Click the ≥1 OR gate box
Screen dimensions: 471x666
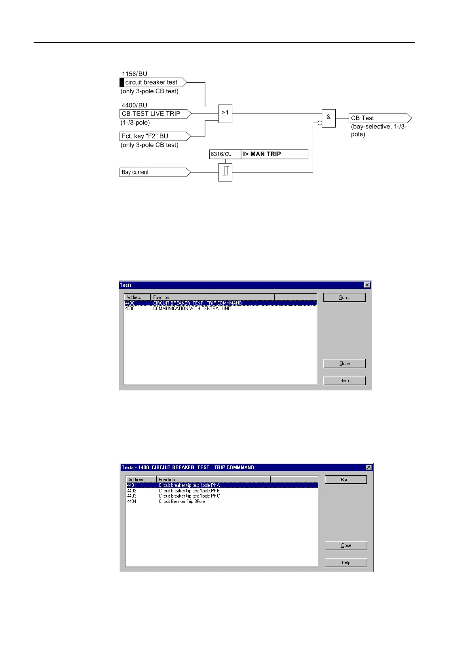225,114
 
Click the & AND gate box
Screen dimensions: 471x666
329,118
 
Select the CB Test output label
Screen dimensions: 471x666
379,118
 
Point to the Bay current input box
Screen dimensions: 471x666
154,172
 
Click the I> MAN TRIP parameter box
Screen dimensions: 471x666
274,154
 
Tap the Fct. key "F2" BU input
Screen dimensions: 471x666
154,136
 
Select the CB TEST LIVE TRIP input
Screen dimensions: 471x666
155,114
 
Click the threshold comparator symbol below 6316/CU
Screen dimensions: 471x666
225,172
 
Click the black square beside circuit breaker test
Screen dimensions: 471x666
122,82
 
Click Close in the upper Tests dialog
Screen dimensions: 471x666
344,363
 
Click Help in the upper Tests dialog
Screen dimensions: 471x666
344,380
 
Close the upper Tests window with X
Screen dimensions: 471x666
367,285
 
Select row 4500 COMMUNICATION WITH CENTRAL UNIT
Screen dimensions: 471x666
192,308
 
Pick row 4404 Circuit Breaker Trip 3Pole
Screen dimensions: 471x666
182,501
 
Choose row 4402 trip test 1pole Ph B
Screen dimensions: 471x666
189,491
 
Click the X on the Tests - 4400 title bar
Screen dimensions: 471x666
369,467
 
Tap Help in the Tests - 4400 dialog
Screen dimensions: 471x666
346,562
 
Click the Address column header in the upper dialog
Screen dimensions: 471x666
137,297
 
